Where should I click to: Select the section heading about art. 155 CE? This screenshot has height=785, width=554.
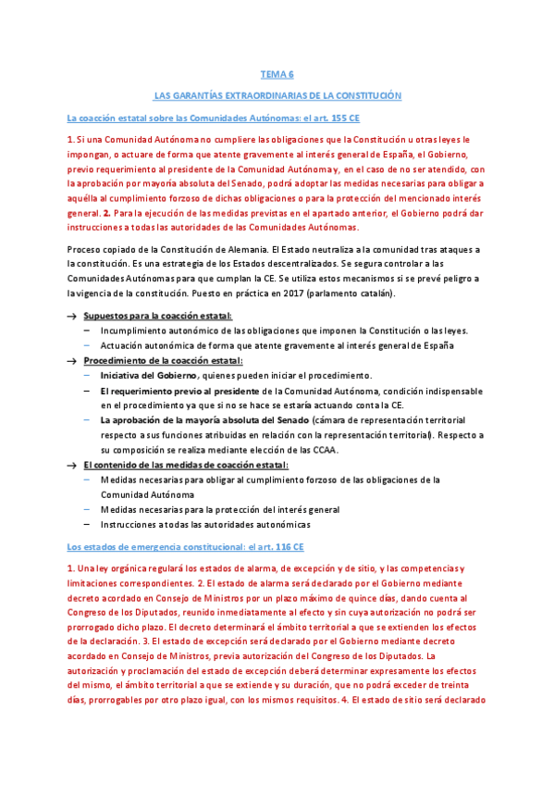[214, 118]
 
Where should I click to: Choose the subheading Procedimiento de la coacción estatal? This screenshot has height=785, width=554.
[163, 360]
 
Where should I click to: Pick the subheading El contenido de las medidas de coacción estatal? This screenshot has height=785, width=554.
[185, 464]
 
